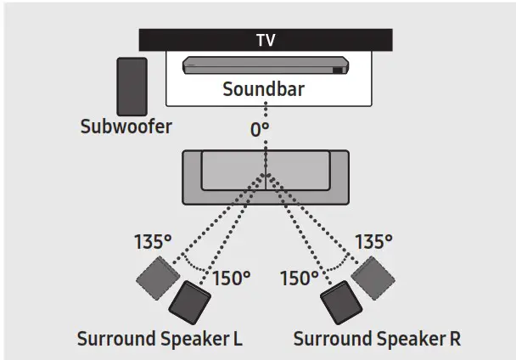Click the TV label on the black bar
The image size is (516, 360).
(265, 40)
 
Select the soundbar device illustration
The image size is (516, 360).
(265, 66)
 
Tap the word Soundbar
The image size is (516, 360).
(265, 89)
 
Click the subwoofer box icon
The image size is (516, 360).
(131, 85)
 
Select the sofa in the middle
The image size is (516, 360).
(265, 177)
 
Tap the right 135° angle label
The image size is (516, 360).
(373, 241)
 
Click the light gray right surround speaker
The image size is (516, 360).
(370, 276)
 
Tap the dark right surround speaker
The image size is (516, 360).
(338, 302)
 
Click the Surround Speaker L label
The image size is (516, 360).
(160, 339)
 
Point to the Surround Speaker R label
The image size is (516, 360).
(377, 339)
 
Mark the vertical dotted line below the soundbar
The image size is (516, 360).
(265, 115)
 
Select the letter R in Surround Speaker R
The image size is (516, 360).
(455, 339)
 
